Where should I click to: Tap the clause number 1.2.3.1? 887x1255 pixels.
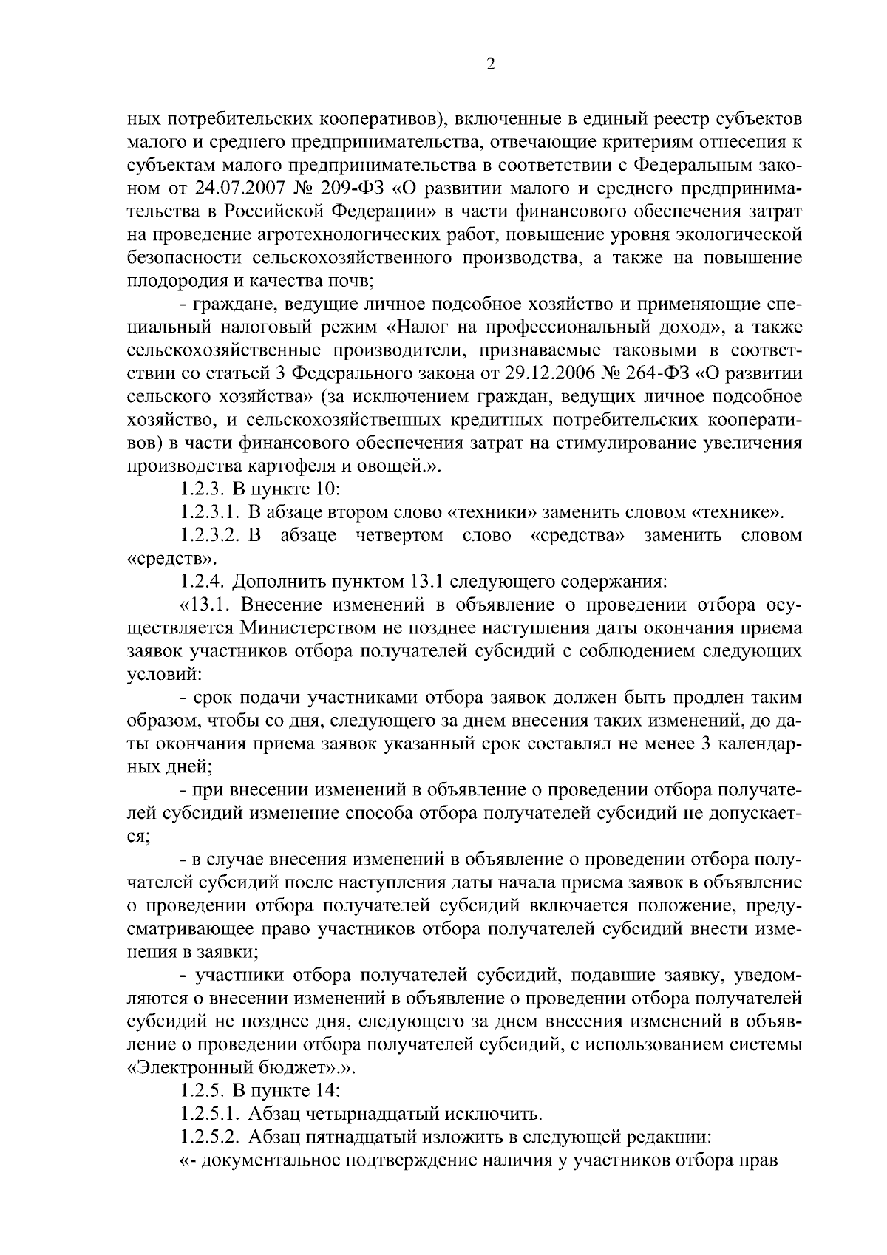[209, 512]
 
